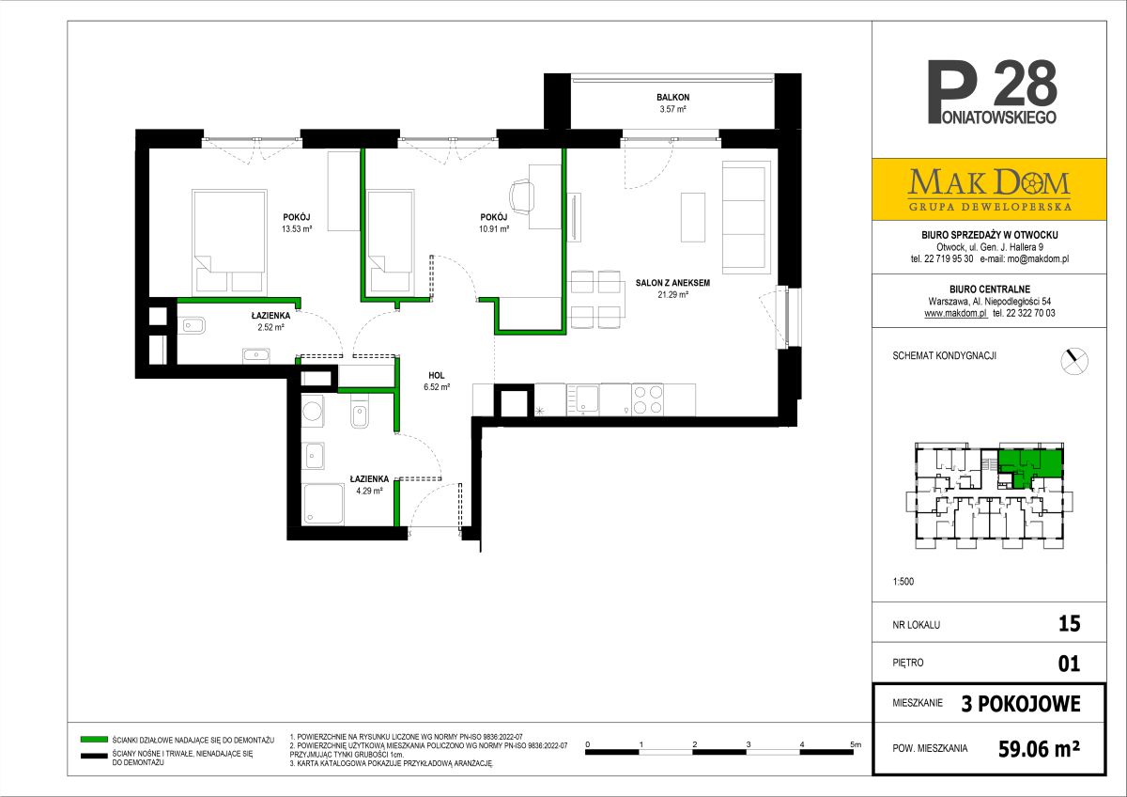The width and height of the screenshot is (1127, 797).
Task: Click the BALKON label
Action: click(672, 97)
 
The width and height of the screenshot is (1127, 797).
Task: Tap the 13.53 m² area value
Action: click(297, 229)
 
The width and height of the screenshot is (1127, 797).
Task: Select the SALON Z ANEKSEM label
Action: click(672, 283)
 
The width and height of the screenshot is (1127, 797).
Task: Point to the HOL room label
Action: click(436, 376)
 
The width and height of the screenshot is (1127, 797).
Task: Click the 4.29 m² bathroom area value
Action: click(370, 491)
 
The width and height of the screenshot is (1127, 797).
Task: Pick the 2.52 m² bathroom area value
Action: click(270, 327)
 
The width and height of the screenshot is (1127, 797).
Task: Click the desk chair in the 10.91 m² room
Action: click(522, 197)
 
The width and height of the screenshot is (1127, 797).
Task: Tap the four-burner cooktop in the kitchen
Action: click(647, 399)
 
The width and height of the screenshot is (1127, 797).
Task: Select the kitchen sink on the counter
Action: click(583, 399)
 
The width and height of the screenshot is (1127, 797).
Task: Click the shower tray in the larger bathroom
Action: click(323, 504)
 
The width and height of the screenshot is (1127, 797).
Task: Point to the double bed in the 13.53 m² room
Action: click(229, 242)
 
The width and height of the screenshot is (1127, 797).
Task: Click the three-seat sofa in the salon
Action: click(746, 217)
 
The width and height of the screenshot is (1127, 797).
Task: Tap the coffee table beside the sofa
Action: click(693, 217)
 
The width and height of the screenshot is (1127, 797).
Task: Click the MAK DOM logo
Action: click(989, 189)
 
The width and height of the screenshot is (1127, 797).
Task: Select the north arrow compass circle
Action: click(1074, 361)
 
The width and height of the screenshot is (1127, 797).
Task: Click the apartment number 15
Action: click(1069, 624)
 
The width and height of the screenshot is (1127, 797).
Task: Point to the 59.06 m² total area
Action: click(1039, 749)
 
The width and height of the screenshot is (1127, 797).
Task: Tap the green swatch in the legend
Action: click(94, 740)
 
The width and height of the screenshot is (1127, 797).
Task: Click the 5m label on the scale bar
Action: click(856, 744)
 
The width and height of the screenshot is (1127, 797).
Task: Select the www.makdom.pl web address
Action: click(956, 313)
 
